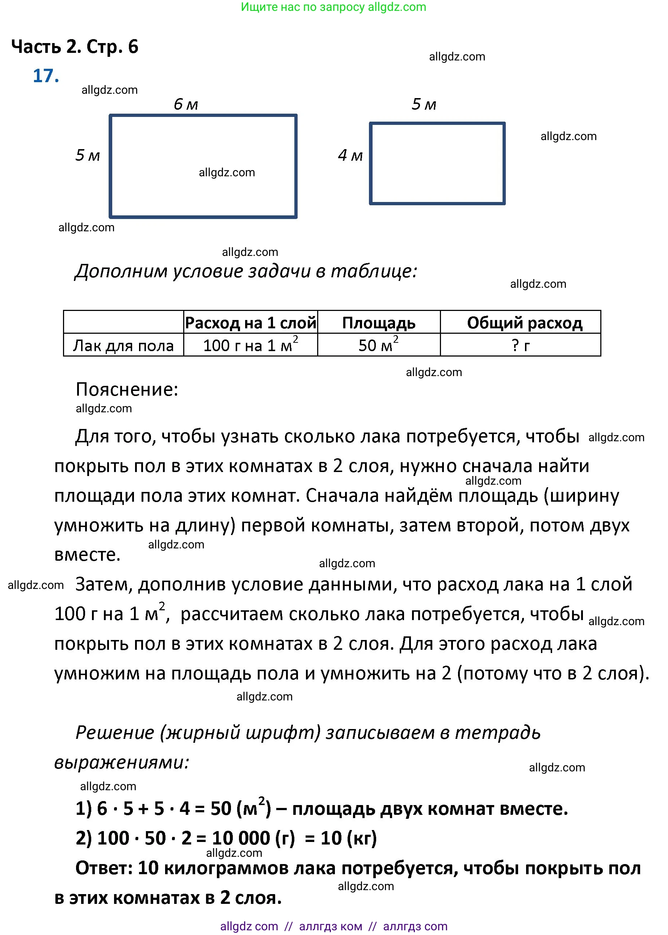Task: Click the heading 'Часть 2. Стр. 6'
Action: tap(75, 46)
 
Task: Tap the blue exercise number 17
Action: tap(46, 76)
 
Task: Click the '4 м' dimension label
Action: tap(350, 155)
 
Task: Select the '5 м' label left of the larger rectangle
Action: tap(87, 155)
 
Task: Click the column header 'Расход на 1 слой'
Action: tap(250, 323)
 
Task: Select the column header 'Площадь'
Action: tap(378, 323)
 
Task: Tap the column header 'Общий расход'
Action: tap(525, 323)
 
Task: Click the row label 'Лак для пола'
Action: tap(123, 345)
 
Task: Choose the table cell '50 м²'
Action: tap(378, 345)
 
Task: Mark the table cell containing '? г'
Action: tap(520, 345)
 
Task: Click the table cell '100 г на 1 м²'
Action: tap(250, 345)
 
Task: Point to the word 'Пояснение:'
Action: tap(127, 389)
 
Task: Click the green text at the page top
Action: tap(333, 7)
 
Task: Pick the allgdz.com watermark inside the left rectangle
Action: tap(227, 172)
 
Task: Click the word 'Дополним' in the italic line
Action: tap(121, 271)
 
